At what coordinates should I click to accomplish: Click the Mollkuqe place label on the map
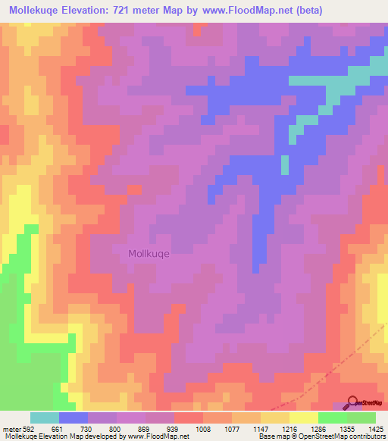tap(149, 255)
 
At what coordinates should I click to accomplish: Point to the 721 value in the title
tap(137, 11)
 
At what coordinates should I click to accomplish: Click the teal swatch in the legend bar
tap(45, 418)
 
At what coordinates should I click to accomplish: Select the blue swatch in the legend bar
tap(74, 418)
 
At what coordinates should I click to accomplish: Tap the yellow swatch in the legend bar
tap(304, 418)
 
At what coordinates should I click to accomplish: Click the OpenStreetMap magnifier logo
tap(352, 401)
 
